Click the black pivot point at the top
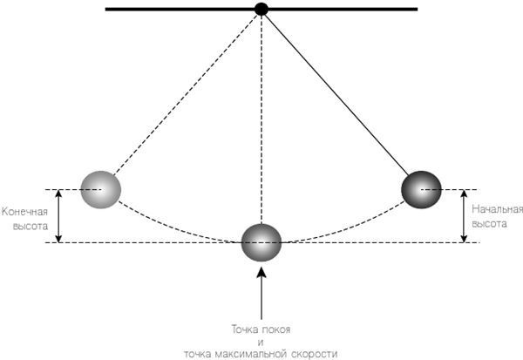coord(261,10)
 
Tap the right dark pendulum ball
coord(421,187)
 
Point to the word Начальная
coord(497,210)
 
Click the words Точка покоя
coord(261,329)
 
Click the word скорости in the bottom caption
coord(315,353)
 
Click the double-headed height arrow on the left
coord(58,215)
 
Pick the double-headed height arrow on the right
coord(463,215)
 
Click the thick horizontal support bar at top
coord(174,10)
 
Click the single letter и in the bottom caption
coord(261,341)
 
